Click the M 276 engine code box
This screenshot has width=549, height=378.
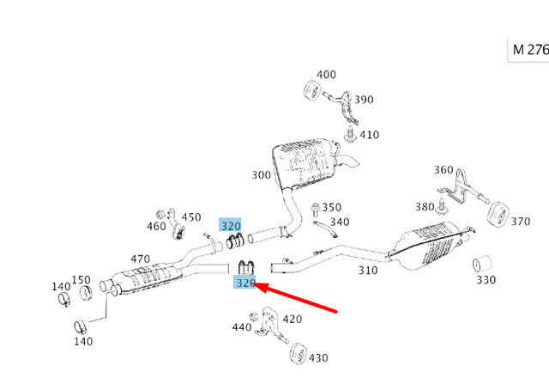pos(529,50)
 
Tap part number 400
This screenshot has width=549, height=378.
pos(327,75)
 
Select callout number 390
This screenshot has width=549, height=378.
pos(364,100)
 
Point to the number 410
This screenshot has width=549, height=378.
pos(369,135)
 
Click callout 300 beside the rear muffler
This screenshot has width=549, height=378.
pos(261,175)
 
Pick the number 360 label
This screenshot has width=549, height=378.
pos(443,170)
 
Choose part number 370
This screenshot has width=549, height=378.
pos(521,222)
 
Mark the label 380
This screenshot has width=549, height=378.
pos(425,207)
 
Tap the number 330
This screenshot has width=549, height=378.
pos(486,280)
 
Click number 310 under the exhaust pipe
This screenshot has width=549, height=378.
pos(367,270)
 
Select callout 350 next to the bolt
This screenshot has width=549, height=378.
pos(331,207)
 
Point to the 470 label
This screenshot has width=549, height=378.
pos(140,258)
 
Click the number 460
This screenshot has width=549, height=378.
pos(156,227)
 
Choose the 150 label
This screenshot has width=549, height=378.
pos(81,279)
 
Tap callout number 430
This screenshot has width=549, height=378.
pos(318,358)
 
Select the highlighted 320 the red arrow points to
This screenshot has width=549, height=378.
pos(245,282)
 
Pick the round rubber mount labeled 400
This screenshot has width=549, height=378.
pos(312,90)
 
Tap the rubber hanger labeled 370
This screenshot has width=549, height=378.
pos(494,213)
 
